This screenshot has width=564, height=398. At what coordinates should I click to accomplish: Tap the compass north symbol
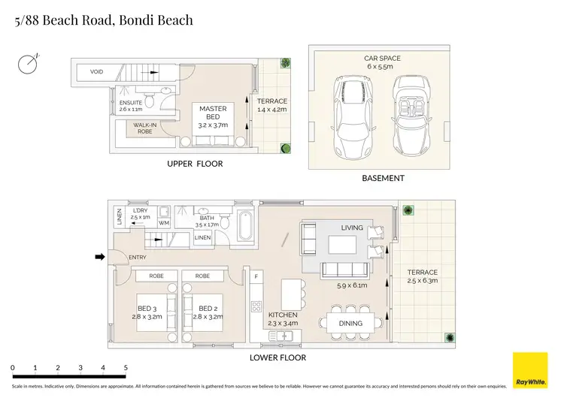tap(29, 63)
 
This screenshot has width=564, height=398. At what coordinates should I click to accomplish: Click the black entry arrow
tap(99, 258)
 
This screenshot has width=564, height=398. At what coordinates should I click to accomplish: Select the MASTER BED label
tap(213, 109)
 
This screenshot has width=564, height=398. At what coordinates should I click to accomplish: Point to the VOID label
tap(96, 72)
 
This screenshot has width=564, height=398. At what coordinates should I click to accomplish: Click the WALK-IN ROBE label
tap(144, 128)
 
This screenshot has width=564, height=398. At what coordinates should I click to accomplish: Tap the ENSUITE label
tap(130, 102)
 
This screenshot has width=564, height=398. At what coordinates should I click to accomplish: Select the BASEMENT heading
tap(383, 178)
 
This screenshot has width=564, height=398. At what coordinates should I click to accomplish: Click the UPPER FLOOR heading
tap(195, 164)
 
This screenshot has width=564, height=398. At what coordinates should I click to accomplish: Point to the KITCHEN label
tap(283, 315)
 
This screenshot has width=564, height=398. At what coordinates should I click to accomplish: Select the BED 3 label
tap(147, 308)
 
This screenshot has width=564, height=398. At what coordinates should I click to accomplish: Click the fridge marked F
tap(257, 277)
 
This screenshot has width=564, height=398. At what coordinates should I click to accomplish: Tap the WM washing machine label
tap(164, 223)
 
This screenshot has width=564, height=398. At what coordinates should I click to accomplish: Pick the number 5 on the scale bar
tap(125, 367)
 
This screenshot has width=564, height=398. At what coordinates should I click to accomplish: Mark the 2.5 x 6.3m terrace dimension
tap(422, 280)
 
